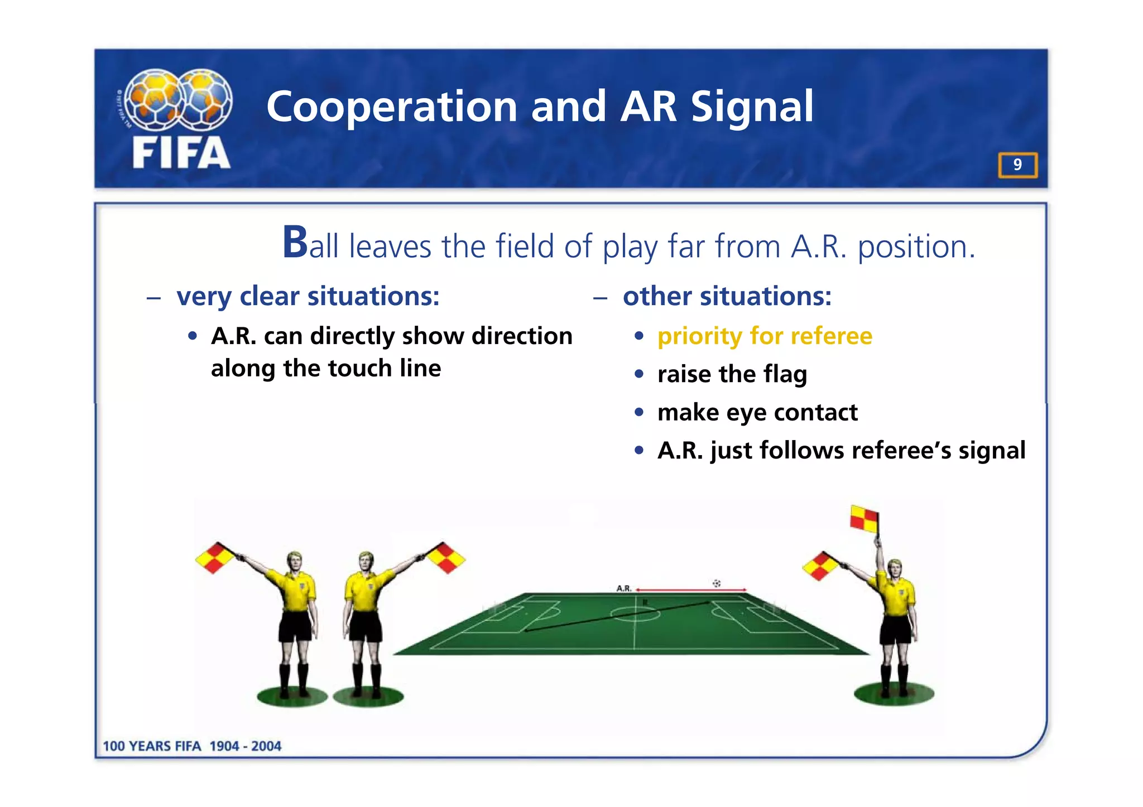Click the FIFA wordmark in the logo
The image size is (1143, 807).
click(x=181, y=153)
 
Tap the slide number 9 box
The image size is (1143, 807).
click(x=1017, y=165)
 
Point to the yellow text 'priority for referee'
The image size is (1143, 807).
click(x=765, y=336)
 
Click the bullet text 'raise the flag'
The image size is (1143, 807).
click(x=732, y=374)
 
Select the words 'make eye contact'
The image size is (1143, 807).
click(x=757, y=413)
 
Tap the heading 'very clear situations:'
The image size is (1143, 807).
click(x=308, y=296)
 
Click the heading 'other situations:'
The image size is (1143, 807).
click(x=727, y=296)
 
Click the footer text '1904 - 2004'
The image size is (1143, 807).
click(x=245, y=746)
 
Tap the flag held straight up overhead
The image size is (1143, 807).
click(x=864, y=519)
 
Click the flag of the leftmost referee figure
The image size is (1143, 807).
click(x=215, y=557)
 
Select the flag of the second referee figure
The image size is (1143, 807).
click(x=446, y=557)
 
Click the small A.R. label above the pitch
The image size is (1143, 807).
click(x=623, y=588)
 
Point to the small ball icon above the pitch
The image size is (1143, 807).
click(x=717, y=583)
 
